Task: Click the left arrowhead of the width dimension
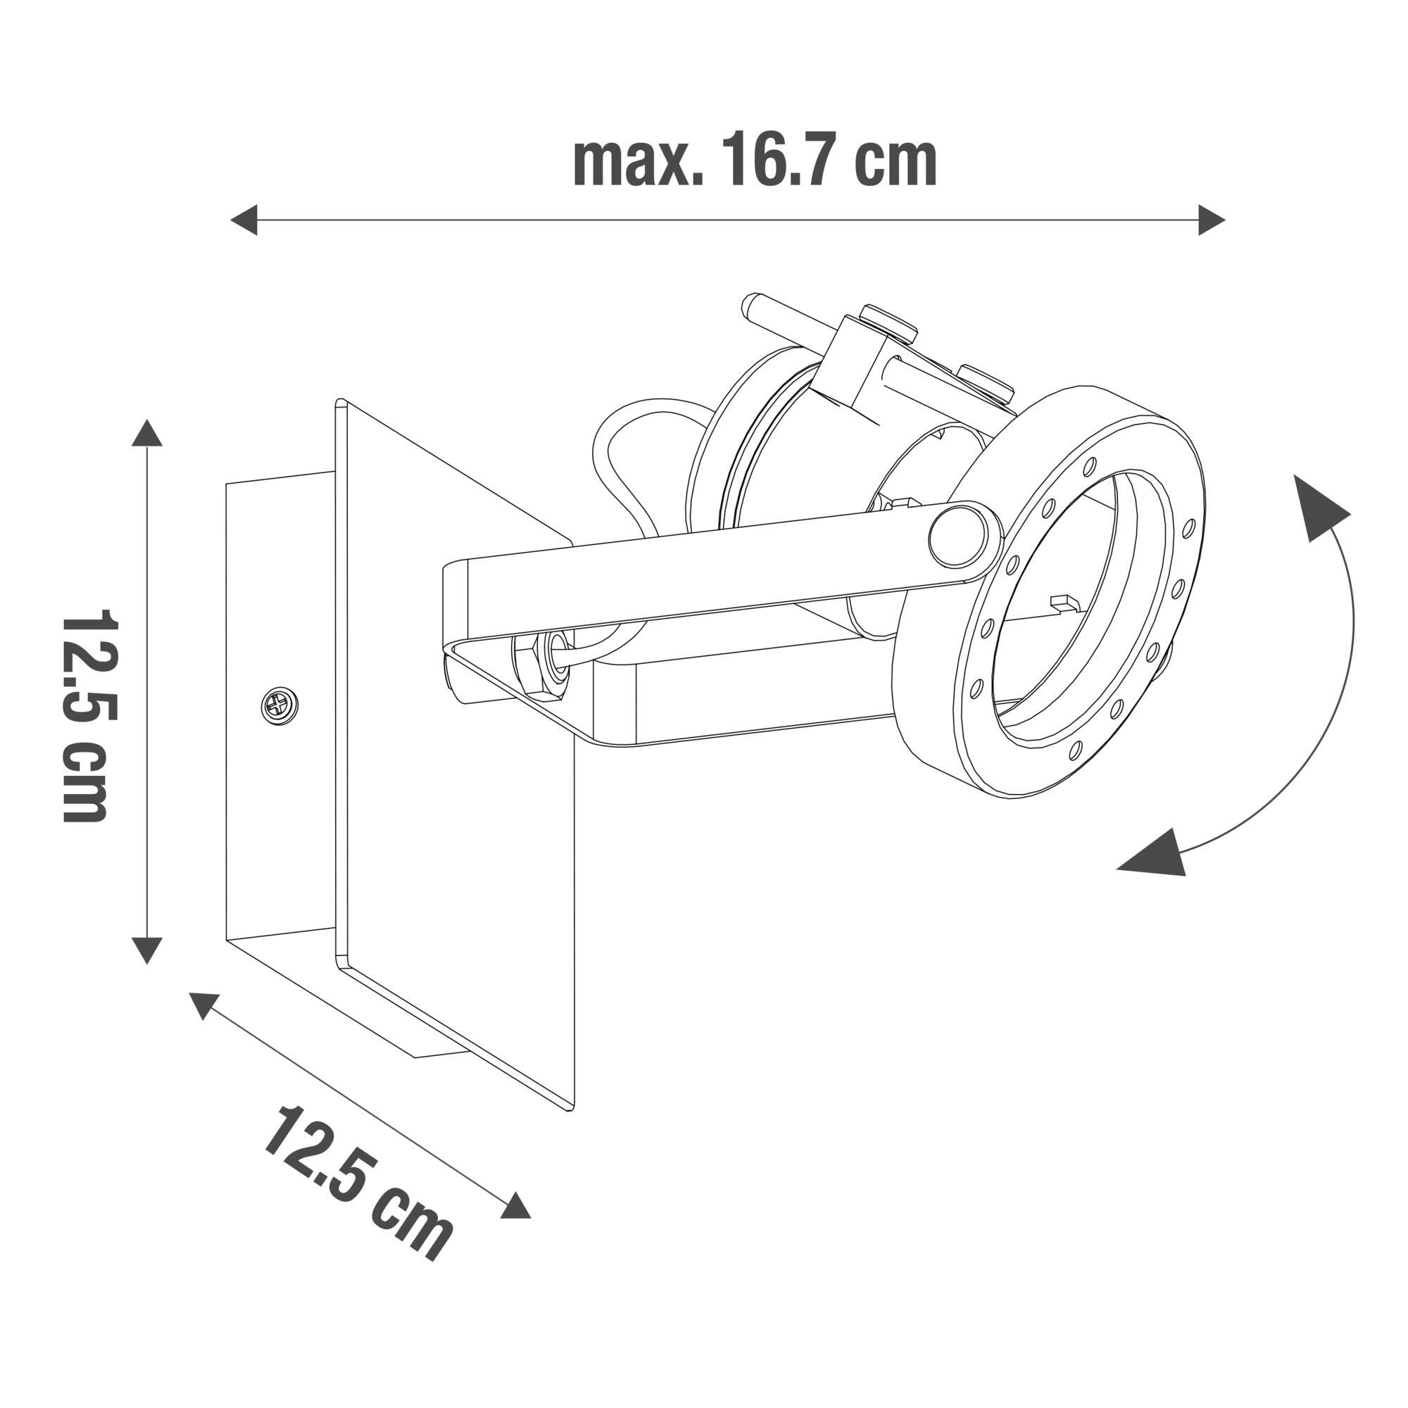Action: [x=244, y=220]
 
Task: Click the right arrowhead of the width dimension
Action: [x=1211, y=220]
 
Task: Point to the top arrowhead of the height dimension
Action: [x=147, y=434]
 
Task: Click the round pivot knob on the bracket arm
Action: [x=957, y=537]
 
